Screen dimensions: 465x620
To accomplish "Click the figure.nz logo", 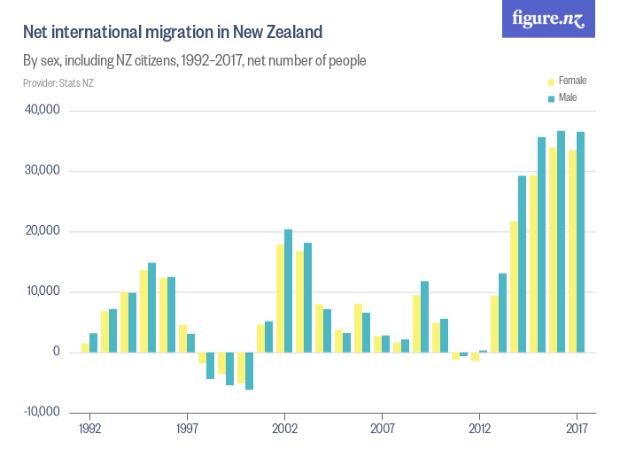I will click(x=549, y=19).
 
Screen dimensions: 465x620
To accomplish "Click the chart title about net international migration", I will click(x=173, y=33).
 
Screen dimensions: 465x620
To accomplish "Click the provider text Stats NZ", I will click(x=58, y=83).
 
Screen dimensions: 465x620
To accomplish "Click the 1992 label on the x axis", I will click(x=89, y=426).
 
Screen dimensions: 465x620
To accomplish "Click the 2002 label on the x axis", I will click(x=284, y=426).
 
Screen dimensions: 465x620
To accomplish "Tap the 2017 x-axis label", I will click(x=577, y=426).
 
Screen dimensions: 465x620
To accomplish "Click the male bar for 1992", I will click(x=94, y=343).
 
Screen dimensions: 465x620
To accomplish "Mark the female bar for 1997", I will click(x=182, y=338).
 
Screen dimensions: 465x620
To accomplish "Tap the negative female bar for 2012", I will click(x=475, y=356).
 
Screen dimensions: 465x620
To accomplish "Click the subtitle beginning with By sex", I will click(x=195, y=61).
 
